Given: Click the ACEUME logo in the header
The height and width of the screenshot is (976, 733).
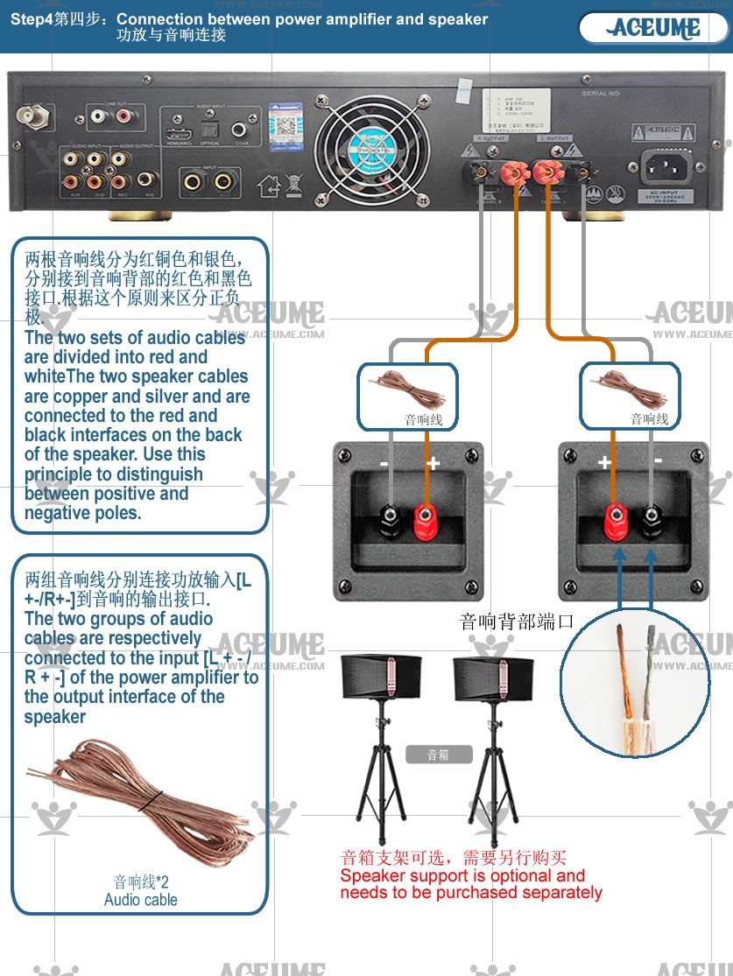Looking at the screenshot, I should [655, 28].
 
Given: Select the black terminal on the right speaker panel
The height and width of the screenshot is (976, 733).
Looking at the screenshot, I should [652, 522].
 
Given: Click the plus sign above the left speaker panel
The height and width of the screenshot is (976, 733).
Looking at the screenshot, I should [433, 463].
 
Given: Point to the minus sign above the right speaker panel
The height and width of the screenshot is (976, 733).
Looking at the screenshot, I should [658, 460].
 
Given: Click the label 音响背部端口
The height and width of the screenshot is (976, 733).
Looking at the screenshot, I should [517, 621].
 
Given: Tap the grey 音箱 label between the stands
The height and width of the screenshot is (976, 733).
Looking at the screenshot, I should [439, 754].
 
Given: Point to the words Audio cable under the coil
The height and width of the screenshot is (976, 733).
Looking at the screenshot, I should [140, 900].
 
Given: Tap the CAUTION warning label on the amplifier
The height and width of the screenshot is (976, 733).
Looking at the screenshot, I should [657, 134].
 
